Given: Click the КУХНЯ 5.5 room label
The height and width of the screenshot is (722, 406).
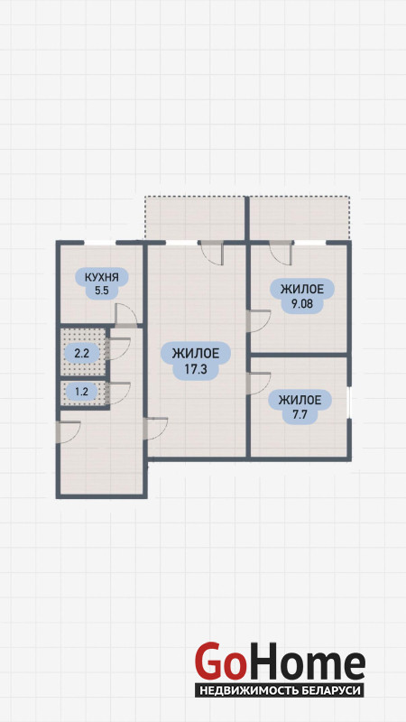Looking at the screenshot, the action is tap(102, 284).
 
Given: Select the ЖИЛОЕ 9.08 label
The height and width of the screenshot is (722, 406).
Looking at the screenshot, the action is tap(301, 296).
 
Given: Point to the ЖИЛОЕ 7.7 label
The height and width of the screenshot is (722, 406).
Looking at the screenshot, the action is tap(300, 407).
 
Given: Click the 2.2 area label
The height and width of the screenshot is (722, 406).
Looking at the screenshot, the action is tap(81, 354).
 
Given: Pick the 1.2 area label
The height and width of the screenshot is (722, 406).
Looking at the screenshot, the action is tap(81, 393).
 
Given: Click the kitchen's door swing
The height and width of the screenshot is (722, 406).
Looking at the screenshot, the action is tap(125, 315).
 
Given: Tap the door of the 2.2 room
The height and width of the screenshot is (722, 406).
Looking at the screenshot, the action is tap(118, 349).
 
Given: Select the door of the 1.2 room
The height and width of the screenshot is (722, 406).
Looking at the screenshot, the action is tap(118, 393).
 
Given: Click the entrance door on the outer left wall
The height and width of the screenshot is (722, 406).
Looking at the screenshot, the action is tap(69, 432).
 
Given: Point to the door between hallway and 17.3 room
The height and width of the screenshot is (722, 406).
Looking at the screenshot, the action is tap(155, 429).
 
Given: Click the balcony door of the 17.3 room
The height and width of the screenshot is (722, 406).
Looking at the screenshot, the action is tap(212, 253).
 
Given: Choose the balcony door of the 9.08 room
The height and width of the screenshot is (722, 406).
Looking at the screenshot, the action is tap(281, 253).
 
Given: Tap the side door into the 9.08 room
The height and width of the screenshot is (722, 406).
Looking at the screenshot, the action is tap(258, 321).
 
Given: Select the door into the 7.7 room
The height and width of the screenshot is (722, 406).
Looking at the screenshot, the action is tap(258, 383).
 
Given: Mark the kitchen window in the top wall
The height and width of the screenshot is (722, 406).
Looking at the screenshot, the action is tap(100, 243).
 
